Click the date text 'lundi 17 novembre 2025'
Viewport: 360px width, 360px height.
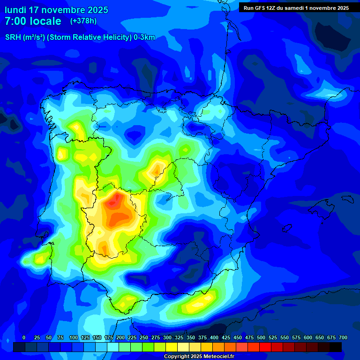click(56, 10)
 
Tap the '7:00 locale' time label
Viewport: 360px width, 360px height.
click(33, 21)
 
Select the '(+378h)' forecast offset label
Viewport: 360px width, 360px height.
click(83, 21)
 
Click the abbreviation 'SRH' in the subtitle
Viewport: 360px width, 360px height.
click(13, 38)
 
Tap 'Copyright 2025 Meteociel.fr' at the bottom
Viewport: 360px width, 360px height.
click(199, 356)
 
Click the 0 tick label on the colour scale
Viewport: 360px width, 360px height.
click(23, 337)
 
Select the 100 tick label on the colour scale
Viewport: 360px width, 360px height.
click(73, 337)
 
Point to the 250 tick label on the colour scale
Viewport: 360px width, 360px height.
click(144, 337)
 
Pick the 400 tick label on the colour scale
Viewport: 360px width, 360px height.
click(214, 337)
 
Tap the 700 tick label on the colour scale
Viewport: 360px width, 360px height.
click(343, 337)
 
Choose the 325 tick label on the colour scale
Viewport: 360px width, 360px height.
click(179, 337)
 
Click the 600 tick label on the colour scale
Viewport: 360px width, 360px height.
click(308, 337)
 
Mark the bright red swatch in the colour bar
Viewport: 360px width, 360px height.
click(265, 347)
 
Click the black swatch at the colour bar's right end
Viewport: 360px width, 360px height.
click(336, 347)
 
